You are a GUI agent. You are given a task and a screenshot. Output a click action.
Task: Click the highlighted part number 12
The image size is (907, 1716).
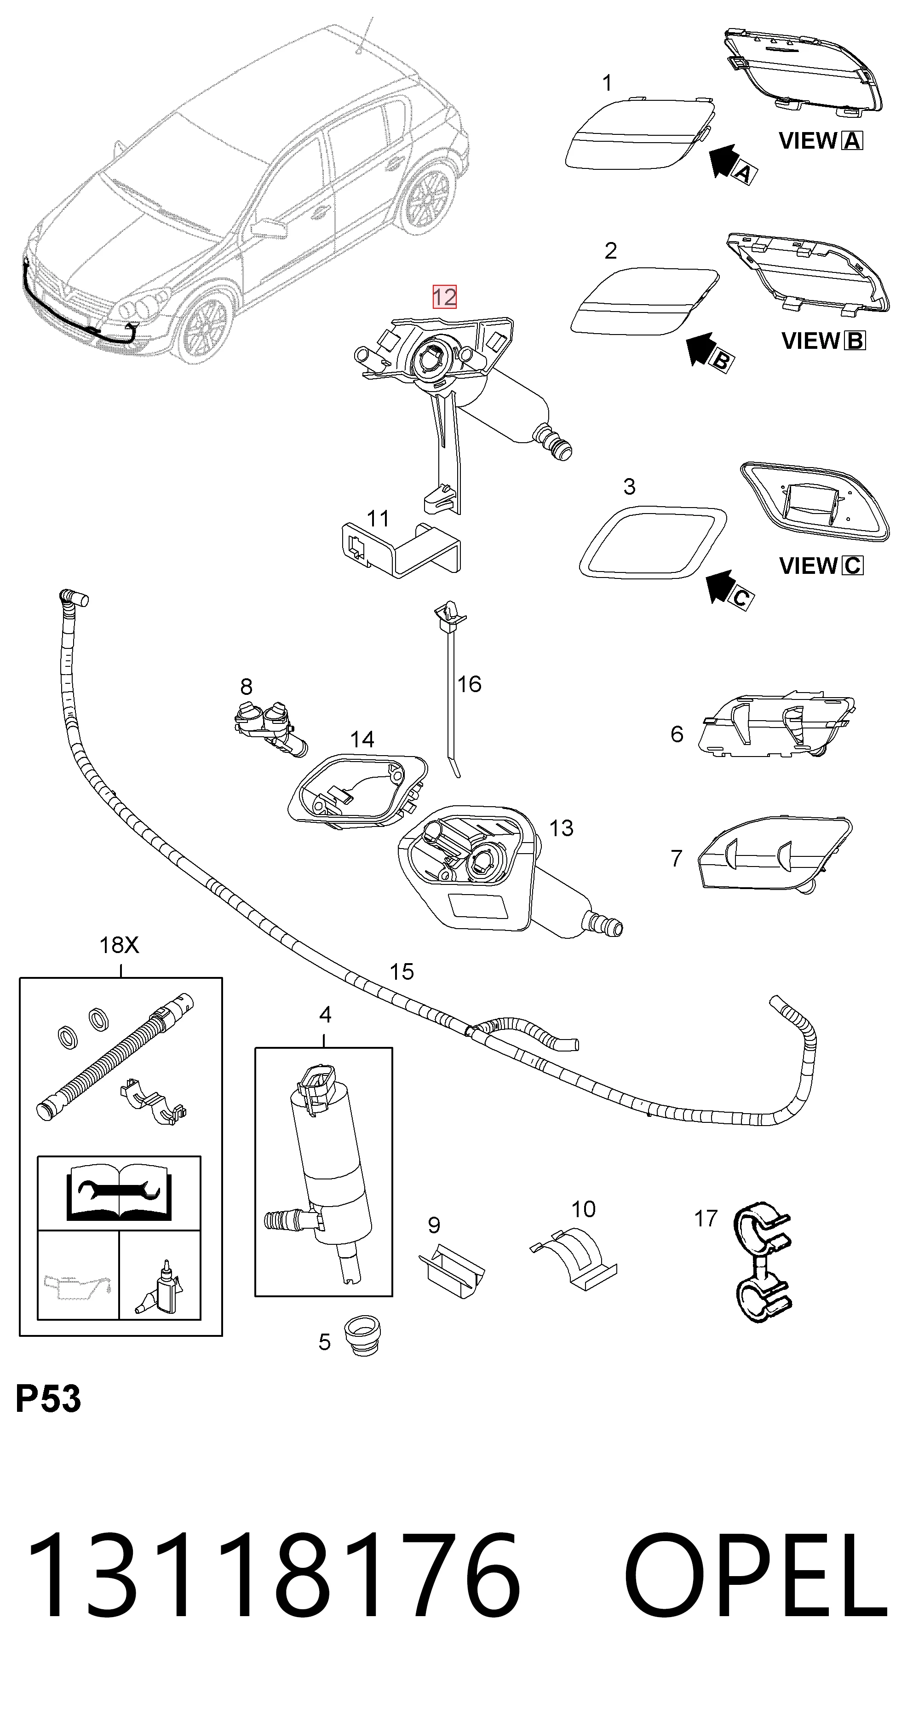[444, 296]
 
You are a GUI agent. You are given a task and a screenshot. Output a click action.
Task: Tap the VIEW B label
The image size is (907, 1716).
[823, 341]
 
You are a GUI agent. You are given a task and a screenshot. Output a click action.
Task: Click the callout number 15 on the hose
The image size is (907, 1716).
[402, 972]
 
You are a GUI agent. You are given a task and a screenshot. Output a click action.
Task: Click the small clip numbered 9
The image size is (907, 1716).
[451, 1268]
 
